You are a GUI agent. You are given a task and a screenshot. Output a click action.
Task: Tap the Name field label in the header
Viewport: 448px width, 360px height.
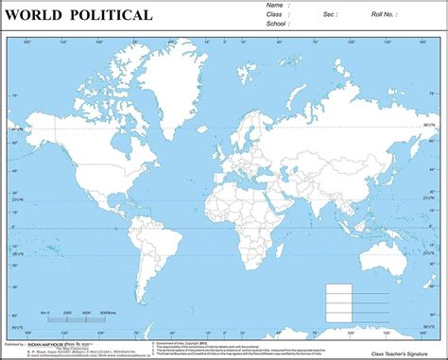pos(274,5)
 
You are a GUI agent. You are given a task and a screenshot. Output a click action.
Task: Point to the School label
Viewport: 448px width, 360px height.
pos(277,25)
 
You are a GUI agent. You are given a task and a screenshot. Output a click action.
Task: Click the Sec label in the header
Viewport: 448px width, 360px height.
pos(330,15)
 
